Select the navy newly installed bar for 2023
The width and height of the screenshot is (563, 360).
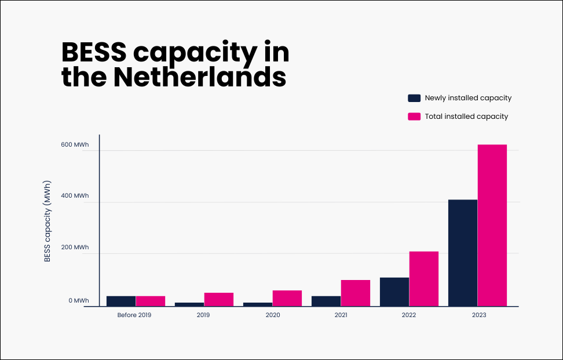click(x=462, y=253)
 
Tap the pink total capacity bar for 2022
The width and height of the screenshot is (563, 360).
click(x=423, y=279)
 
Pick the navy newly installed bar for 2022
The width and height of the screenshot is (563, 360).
click(x=394, y=292)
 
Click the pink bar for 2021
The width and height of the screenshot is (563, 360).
click(x=355, y=293)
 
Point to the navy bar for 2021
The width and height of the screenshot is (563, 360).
click(x=326, y=301)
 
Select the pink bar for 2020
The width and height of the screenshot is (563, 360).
click(x=287, y=298)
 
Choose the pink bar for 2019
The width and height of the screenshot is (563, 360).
click(x=218, y=299)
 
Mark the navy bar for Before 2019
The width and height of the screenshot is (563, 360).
click(x=121, y=301)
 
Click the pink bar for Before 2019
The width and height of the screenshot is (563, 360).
click(x=151, y=301)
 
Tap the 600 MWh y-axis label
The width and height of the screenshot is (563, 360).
click(x=75, y=145)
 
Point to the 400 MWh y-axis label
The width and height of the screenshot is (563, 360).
click(x=75, y=196)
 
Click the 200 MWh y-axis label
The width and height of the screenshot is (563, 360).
click(x=75, y=248)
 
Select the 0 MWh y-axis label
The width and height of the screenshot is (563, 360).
click(x=79, y=300)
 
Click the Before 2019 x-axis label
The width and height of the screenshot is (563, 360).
click(x=135, y=315)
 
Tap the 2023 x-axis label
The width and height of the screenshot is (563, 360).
click(x=478, y=315)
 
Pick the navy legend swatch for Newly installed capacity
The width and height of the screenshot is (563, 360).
click(x=414, y=98)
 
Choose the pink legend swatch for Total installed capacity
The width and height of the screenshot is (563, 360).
click(x=414, y=117)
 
